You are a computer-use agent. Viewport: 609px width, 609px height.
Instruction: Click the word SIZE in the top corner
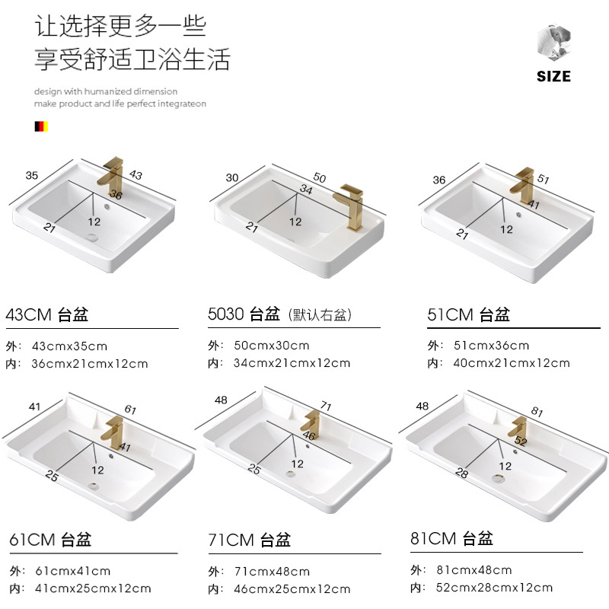pos(553,76)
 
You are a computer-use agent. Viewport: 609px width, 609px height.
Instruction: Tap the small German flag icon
pos(41,126)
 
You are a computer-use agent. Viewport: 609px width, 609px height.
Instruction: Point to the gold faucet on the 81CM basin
pos(519,431)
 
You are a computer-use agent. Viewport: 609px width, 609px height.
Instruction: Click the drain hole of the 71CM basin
pos(294,474)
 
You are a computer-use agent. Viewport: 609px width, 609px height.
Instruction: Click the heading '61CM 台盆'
pos(50,540)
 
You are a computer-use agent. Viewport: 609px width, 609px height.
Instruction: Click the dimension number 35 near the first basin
pos(32,175)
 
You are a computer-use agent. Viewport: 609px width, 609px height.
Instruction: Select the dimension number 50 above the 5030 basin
pos(320,178)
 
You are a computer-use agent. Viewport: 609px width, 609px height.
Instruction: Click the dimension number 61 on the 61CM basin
pos(130,410)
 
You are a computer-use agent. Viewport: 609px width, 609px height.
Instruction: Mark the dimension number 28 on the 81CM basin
pos(462,472)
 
